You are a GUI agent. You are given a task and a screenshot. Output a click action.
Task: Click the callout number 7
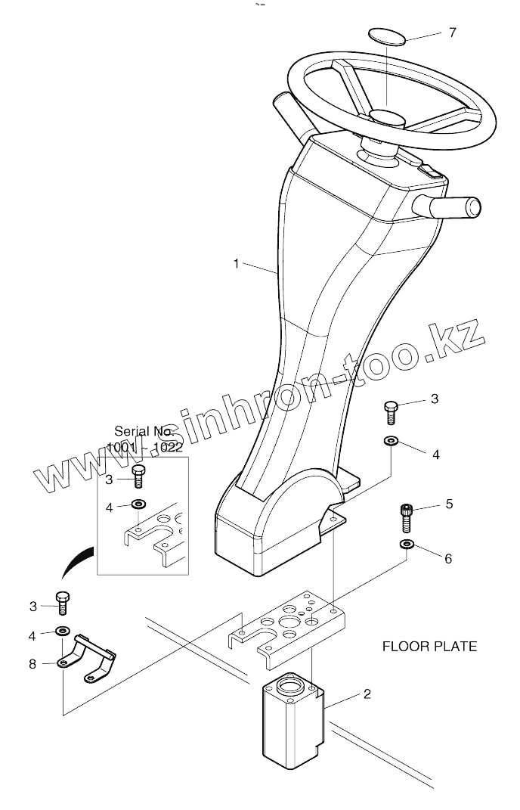point(453,33)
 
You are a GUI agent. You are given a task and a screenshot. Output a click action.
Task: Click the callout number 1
point(236,264)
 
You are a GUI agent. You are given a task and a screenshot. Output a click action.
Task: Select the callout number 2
point(367,694)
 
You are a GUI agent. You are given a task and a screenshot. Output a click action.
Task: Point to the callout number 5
point(449,504)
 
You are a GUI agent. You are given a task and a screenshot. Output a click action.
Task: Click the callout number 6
point(448,559)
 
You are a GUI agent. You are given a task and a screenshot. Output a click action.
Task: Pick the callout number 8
point(32,664)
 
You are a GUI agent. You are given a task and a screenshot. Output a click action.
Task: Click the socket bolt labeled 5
point(407,519)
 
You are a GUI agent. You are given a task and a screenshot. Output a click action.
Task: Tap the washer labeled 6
point(407,545)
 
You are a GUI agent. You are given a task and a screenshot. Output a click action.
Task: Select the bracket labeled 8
point(85,657)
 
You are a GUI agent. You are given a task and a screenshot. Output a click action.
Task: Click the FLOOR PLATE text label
point(429,647)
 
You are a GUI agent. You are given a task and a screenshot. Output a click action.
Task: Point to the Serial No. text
point(144,431)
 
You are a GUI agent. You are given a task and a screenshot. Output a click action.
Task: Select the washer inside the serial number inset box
point(138,504)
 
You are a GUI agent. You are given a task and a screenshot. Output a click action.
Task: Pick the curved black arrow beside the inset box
point(79,563)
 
